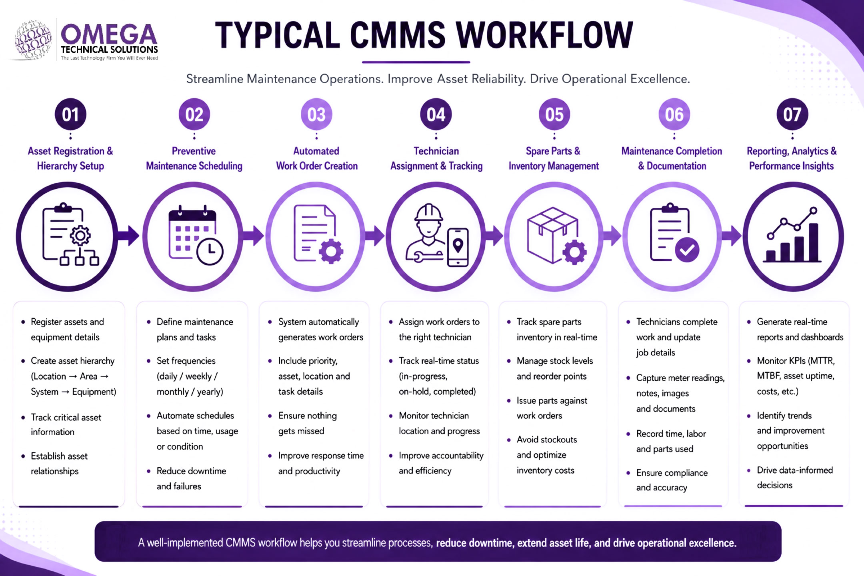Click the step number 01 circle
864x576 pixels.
[70, 114]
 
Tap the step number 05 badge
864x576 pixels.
[554, 114]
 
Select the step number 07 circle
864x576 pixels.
[792, 114]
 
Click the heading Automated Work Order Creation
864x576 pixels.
[316, 158]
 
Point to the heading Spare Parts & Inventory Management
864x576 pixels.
[554, 158]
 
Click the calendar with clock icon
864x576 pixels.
[196, 236]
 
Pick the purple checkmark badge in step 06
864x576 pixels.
[687, 250]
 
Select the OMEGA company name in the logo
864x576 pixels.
[109, 34]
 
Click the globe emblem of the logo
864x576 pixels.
[33, 40]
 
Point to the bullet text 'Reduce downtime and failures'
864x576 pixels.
[191, 478]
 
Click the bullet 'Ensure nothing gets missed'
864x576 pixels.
[308, 423]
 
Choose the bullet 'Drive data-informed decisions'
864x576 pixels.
[795, 478]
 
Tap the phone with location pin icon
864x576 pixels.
[458, 247]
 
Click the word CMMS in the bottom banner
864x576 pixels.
[240, 543]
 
